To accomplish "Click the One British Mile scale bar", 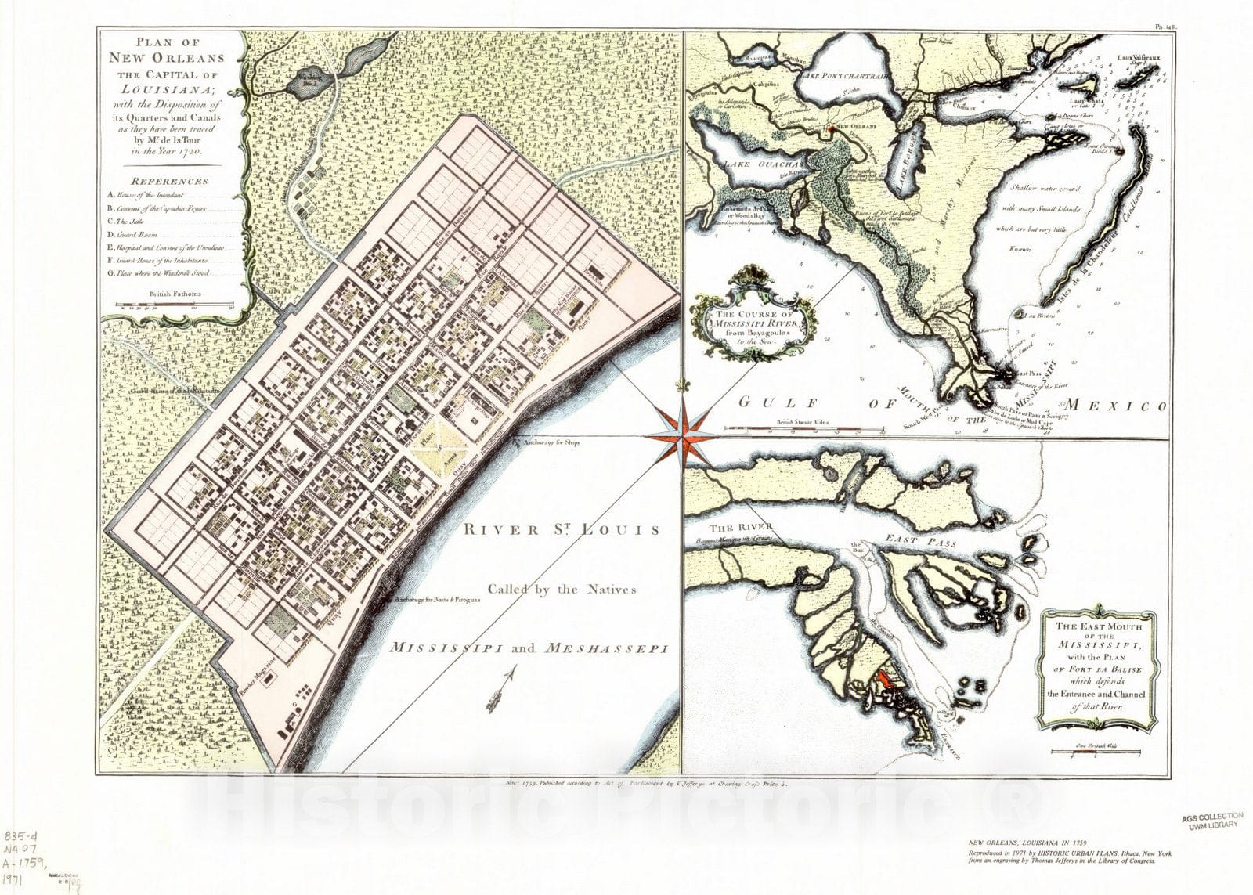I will click(1095, 756).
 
